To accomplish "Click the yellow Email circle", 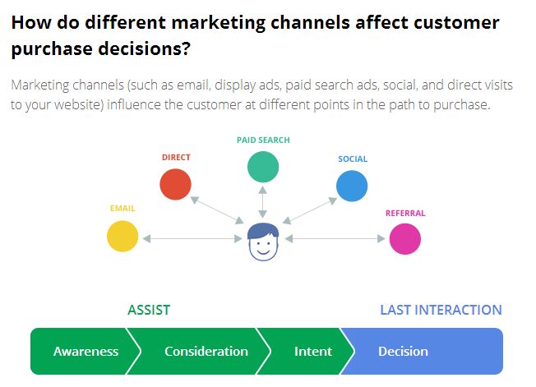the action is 122,236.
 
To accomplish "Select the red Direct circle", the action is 175,184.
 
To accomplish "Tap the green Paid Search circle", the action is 263,167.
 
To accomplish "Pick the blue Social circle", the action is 352,186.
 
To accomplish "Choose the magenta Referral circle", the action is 405,239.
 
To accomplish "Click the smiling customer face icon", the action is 263,242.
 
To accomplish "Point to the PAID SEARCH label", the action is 263,140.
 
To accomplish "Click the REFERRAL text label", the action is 405,213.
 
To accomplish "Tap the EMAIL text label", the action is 122,209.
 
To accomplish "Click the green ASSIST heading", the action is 149,310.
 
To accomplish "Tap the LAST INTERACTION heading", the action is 441,310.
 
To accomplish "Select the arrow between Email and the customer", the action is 192,239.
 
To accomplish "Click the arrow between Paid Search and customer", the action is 262,202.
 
